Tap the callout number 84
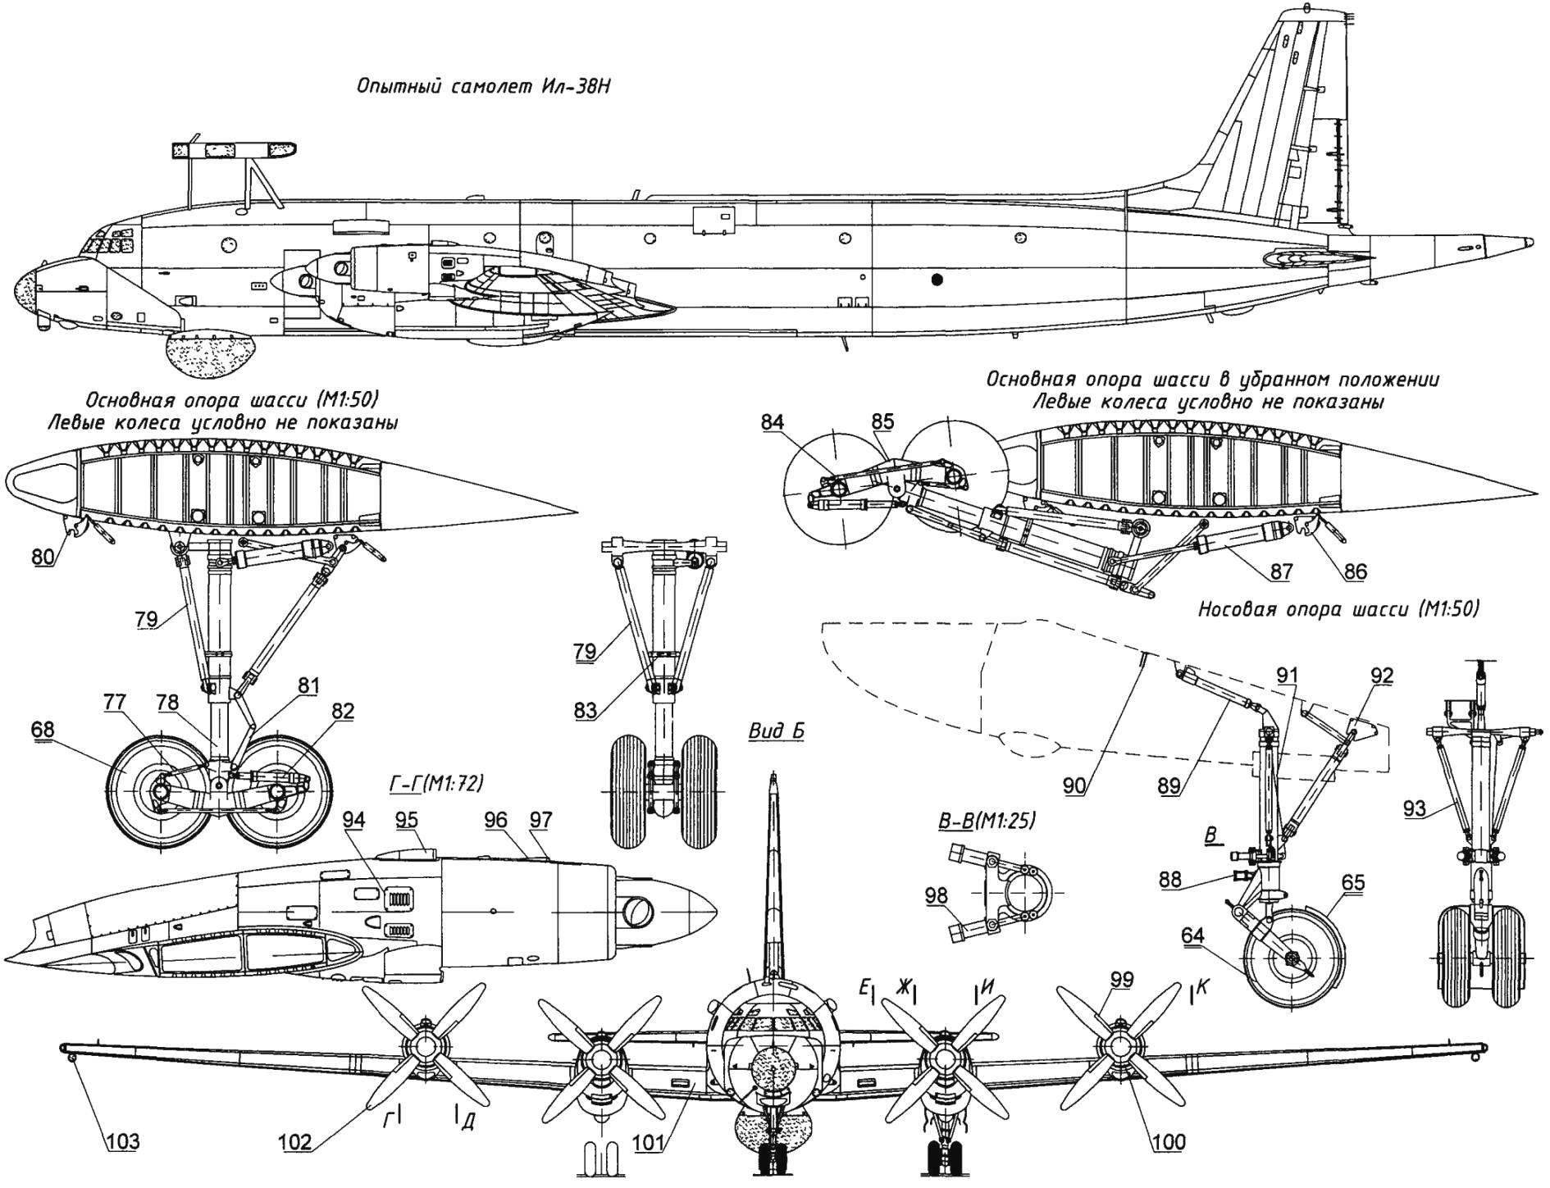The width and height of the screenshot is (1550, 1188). (773, 422)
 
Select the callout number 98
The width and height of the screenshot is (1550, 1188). (937, 894)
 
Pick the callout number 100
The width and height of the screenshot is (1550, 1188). (1169, 1142)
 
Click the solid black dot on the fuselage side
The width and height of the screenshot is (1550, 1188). (938, 280)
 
